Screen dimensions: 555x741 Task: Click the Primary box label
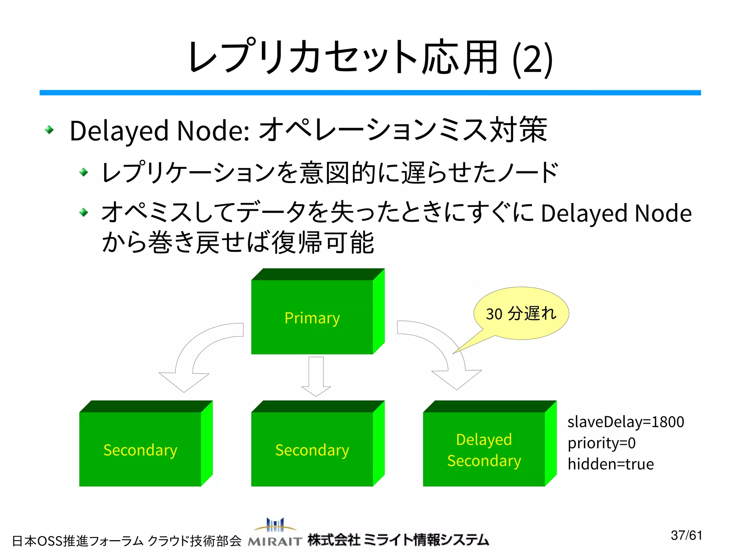pos(312,318)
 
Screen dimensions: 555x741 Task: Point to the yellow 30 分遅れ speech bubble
pos(521,313)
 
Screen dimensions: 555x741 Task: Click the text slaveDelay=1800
pos(626,422)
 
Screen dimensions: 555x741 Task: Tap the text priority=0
pos(601,443)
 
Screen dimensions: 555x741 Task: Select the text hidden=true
pos(610,464)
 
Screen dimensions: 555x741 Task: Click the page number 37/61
pos(686,535)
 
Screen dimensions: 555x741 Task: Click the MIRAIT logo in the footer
pos(275,533)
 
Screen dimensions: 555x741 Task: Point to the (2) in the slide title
pos(533,59)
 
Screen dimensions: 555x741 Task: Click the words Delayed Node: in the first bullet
pos(160,131)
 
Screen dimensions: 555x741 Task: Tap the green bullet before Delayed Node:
pos(49,130)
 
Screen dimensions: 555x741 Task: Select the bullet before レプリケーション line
pos(84,172)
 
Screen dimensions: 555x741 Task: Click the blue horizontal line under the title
pos(370,93)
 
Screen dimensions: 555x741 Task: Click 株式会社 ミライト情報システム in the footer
pos(398,540)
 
